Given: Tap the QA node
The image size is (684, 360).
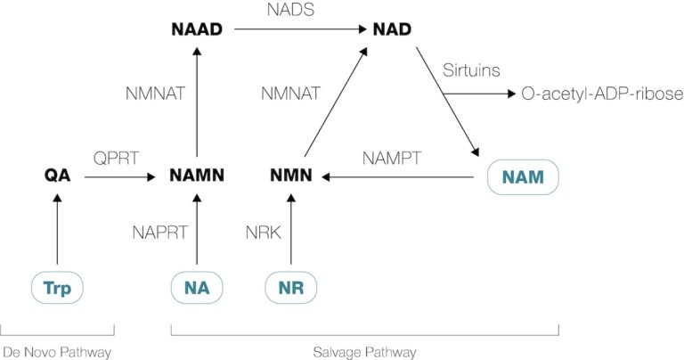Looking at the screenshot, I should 57,176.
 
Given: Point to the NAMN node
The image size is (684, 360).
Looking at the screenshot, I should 197,176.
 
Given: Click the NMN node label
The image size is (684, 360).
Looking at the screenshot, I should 291,176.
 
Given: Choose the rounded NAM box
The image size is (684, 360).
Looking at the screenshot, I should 524,176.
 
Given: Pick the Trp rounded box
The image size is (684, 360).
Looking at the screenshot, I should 57,288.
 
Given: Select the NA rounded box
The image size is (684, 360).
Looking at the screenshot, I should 197,288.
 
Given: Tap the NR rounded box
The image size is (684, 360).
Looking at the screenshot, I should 291,288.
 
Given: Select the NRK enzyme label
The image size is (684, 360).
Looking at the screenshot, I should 263,233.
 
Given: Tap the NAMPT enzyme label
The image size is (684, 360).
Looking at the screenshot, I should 393,158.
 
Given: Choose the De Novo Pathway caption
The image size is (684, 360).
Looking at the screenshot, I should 56,351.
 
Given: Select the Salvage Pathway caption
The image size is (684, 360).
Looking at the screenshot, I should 365,351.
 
